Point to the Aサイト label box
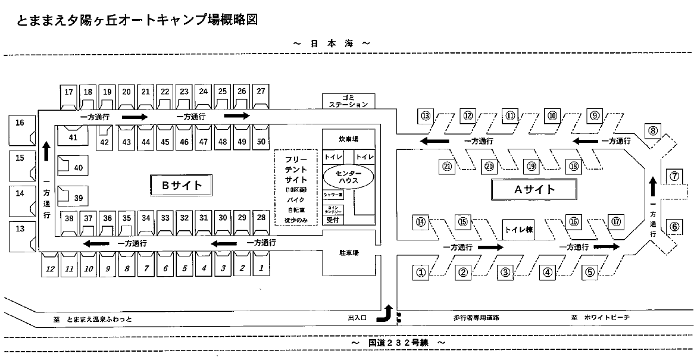[x=534, y=190]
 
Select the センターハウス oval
[x=349, y=177]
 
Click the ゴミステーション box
[x=349, y=101]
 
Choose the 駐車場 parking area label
[x=349, y=253]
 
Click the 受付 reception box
[x=332, y=220]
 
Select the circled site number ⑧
[x=653, y=130]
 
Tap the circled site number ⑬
[x=425, y=115]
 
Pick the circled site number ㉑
[x=447, y=167]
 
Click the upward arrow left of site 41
[x=46, y=151]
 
